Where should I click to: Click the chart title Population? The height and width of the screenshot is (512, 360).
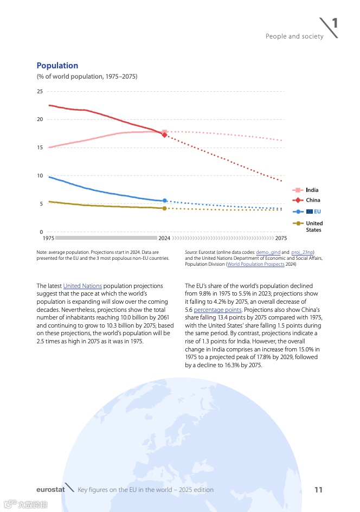tap(57, 66)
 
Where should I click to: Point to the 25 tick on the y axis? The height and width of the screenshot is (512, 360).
tap(40, 91)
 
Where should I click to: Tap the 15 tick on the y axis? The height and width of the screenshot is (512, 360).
tap(40, 148)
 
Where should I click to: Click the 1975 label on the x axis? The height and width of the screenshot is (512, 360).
tap(48, 238)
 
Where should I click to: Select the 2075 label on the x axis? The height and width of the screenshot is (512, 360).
tap(281, 238)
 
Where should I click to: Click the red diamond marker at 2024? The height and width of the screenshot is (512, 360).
tap(164, 135)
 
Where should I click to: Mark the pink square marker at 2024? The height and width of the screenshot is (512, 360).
tap(164, 132)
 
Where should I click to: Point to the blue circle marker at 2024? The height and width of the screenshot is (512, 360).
tap(164, 201)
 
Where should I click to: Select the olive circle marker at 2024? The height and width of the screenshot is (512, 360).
tap(164, 208)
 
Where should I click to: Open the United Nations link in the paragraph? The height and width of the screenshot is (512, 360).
tap(82, 286)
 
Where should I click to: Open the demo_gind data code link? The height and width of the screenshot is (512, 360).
tap(267, 252)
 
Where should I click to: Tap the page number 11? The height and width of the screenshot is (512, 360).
tap(318, 490)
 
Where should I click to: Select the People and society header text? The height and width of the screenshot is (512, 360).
tap(294, 36)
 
